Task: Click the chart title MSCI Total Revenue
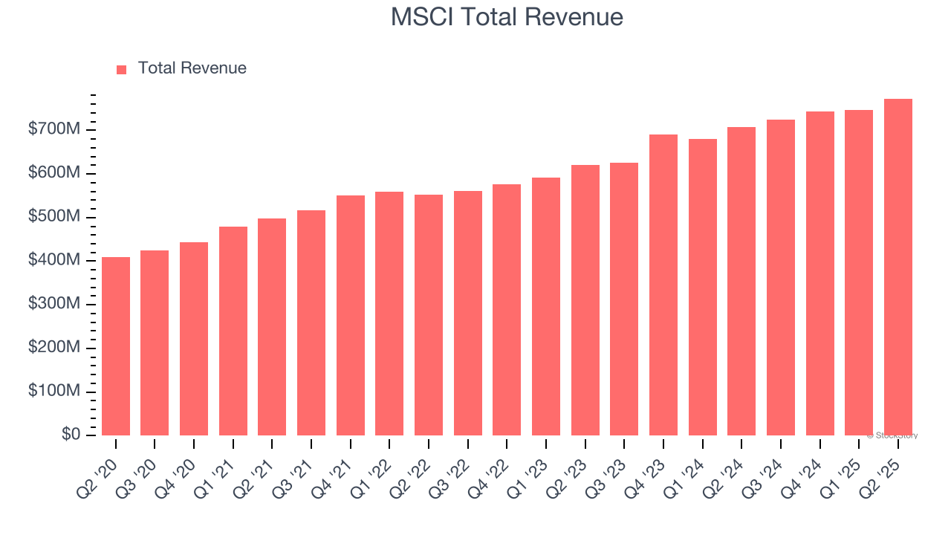(x=507, y=17)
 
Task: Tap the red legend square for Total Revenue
(x=122, y=69)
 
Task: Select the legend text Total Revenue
(x=192, y=68)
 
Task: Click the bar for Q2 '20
(x=116, y=346)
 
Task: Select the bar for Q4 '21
(x=351, y=315)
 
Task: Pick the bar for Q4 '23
(x=663, y=285)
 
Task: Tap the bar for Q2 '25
(x=898, y=267)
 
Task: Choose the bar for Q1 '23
(x=546, y=306)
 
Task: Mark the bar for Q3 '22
(x=468, y=313)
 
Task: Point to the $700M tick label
(x=54, y=130)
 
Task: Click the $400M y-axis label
(x=54, y=261)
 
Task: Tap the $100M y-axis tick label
(x=54, y=392)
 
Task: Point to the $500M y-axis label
(x=54, y=217)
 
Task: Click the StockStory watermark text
(x=892, y=435)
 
